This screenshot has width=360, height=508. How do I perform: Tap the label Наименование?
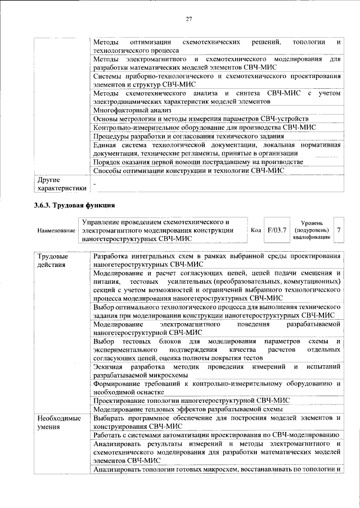click(57, 230)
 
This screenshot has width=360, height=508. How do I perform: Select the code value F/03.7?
click(277, 230)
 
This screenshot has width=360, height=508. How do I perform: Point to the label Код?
click(255, 230)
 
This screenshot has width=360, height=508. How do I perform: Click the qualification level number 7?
click(339, 230)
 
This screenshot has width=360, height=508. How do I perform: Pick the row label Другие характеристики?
click(61, 184)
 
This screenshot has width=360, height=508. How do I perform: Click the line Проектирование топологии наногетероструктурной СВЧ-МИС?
click(191, 400)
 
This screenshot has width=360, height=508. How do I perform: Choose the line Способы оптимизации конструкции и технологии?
click(188, 170)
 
